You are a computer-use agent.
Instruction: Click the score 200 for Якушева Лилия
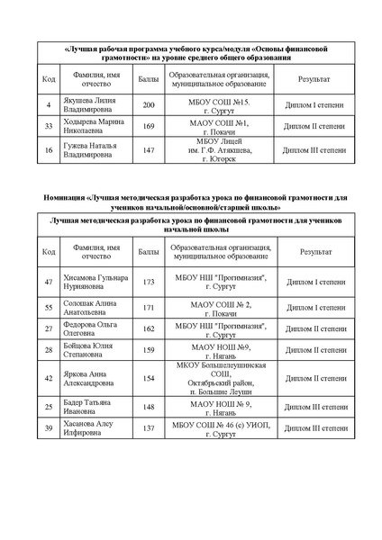(149, 105)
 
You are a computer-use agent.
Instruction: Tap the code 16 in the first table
(48, 150)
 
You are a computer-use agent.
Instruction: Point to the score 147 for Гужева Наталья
(149, 150)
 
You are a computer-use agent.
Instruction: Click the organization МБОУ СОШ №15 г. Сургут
(213, 105)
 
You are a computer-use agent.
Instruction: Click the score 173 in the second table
(150, 283)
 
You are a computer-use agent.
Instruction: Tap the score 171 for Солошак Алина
(150, 308)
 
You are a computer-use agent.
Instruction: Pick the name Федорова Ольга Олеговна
(91, 330)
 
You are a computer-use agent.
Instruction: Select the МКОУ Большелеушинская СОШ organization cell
(213, 379)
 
